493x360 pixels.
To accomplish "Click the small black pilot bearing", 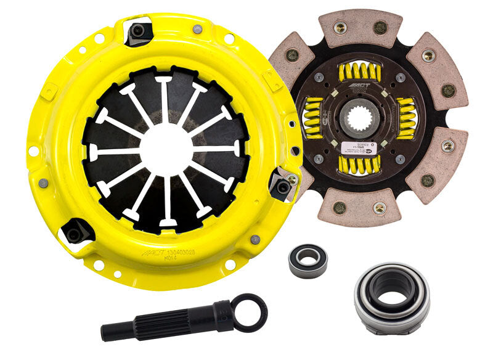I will (x=308, y=261).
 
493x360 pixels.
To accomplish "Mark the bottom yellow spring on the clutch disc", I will (x=359, y=163).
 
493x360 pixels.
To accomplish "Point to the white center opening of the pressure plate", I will (x=165, y=148).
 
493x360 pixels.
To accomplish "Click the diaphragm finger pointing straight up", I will (x=165, y=99).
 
